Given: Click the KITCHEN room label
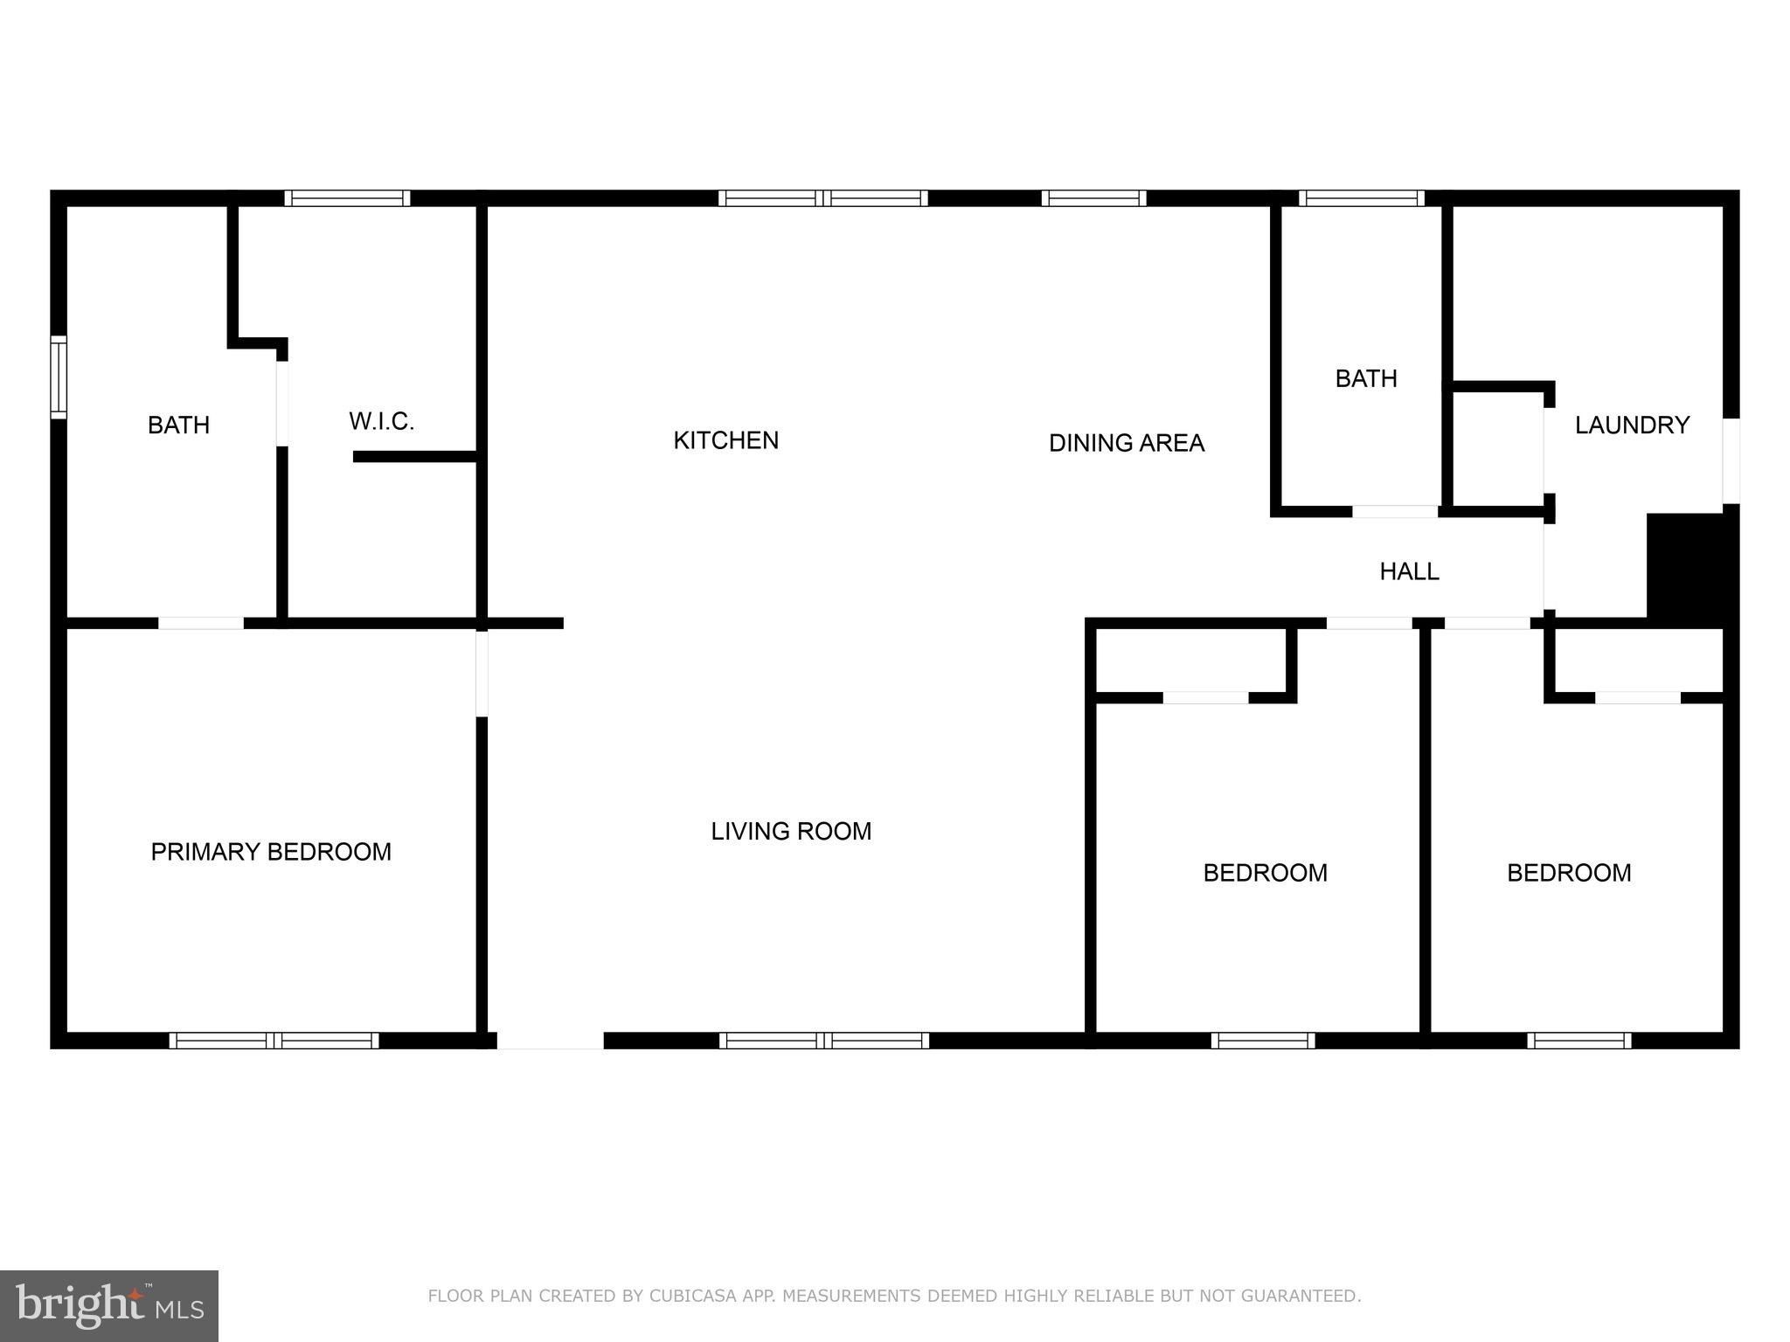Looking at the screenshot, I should point(725,440).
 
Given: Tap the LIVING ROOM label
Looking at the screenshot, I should point(791,831).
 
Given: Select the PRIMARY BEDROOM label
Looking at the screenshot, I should point(271,852).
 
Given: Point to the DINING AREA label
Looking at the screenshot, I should point(1127,443).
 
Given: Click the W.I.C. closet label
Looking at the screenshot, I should point(381,421).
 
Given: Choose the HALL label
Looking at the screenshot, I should point(1409,571).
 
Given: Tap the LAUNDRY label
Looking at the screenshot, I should point(1632,425).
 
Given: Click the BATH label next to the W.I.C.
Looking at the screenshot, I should point(178,425).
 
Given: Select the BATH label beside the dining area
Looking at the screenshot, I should point(1366,378).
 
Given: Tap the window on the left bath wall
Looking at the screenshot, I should point(59,377).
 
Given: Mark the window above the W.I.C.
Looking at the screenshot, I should point(347,198).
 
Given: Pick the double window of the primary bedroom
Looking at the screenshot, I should point(274,1040).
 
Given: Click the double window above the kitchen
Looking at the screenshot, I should point(822,198).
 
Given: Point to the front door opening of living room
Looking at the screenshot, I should point(550,1040).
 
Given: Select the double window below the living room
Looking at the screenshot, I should point(823,1040).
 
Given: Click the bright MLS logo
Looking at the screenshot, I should point(109,1306).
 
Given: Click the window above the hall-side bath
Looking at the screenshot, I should point(1361,198).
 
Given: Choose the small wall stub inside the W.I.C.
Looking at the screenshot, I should point(414,456).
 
